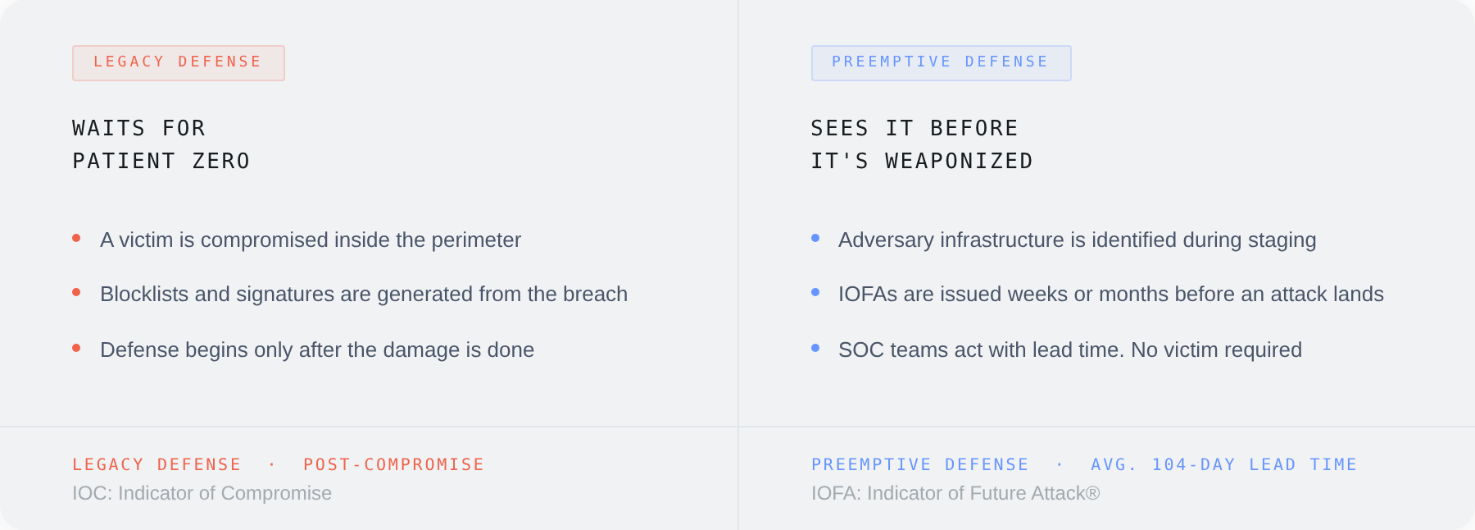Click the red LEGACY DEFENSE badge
[178, 63]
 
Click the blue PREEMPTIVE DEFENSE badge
[941, 63]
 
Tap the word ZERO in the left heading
[221, 162]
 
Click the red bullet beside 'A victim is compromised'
[76, 239]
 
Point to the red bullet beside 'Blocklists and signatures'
[76, 293]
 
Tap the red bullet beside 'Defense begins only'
[76, 349]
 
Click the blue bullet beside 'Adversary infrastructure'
[815, 239]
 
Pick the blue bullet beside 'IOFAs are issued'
[815, 293]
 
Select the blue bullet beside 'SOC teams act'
[815, 349]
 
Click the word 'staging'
[1282, 240]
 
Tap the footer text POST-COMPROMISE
[393, 465]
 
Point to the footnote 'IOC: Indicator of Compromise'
[202, 494]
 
